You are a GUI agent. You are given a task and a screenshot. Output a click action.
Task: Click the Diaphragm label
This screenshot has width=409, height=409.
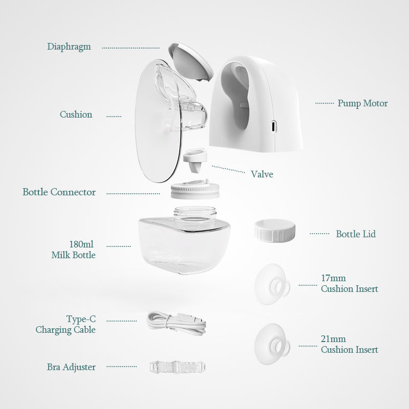[x=69, y=47]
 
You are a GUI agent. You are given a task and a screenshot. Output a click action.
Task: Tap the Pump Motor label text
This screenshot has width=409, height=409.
[x=362, y=103]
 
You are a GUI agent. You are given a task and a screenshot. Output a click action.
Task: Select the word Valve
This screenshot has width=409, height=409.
[x=262, y=174]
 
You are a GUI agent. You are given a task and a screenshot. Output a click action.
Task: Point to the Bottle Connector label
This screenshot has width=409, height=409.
[x=59, y=192]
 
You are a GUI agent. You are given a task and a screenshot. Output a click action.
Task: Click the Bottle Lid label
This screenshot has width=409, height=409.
[x=356, y=234]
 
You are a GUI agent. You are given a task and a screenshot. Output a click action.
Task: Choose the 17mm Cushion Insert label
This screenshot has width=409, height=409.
[x=349, y=284]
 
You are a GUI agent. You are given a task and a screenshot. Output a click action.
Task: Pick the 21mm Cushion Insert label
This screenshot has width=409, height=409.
[x=349, y=344]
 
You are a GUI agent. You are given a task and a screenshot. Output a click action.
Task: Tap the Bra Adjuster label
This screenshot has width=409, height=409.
[x=71, y=367]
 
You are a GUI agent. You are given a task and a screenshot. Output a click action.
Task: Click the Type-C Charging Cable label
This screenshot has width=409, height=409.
[x=66, y=325]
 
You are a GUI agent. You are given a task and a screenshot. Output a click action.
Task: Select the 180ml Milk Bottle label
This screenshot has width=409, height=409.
[x=74, y=249]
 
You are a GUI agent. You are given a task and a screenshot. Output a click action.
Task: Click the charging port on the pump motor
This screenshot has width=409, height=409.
[x=273, y=126]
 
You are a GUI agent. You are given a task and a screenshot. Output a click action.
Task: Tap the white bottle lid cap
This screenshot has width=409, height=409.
[x=275, y=231]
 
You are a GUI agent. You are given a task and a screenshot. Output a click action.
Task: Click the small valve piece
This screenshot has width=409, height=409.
[x=195, y=160]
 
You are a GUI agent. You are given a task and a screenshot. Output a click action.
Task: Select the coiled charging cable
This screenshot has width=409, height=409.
[x=176, y=323]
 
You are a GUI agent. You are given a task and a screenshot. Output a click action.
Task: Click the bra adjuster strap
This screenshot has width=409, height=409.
[x=177, y=367]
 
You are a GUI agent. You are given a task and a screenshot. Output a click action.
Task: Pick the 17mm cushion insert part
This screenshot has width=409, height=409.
[x=272, y=284]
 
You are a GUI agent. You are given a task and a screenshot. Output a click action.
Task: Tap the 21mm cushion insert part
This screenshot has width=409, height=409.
[x=272, y=344]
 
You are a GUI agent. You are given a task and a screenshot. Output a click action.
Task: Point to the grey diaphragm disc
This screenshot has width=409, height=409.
[x=191, y=61]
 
